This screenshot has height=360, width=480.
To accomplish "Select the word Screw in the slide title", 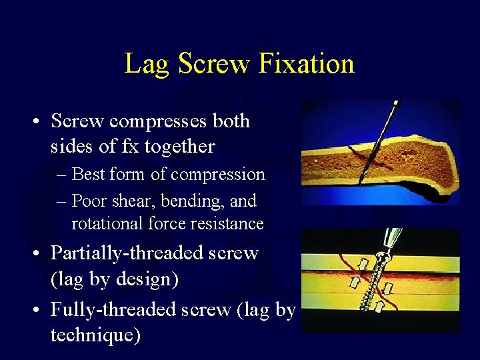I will click(x=213, y=64).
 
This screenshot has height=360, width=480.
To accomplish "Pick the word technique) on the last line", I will click(x=95, y=335).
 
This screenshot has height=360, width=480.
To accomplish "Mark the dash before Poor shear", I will click(x=61, y=201).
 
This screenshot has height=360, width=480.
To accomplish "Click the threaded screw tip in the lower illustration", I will click(x=371, y=303).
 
